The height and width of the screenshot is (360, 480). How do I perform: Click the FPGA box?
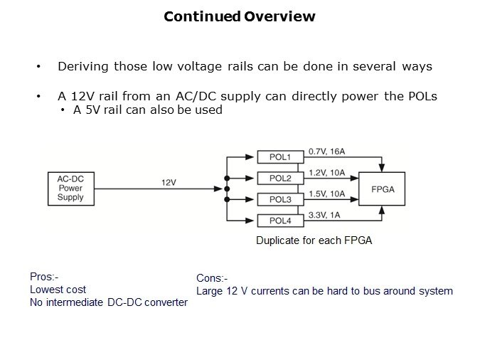[383, 189]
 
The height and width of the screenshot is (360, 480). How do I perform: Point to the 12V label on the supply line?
[168, 182]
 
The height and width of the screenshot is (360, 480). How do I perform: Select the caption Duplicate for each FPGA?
[314, 240]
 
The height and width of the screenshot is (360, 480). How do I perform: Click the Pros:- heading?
[43, 277]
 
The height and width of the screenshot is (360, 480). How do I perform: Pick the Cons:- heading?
[212, 279]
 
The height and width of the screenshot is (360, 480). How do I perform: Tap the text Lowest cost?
[58, 290]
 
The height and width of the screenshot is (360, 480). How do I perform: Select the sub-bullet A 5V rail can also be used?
[148, 110]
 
